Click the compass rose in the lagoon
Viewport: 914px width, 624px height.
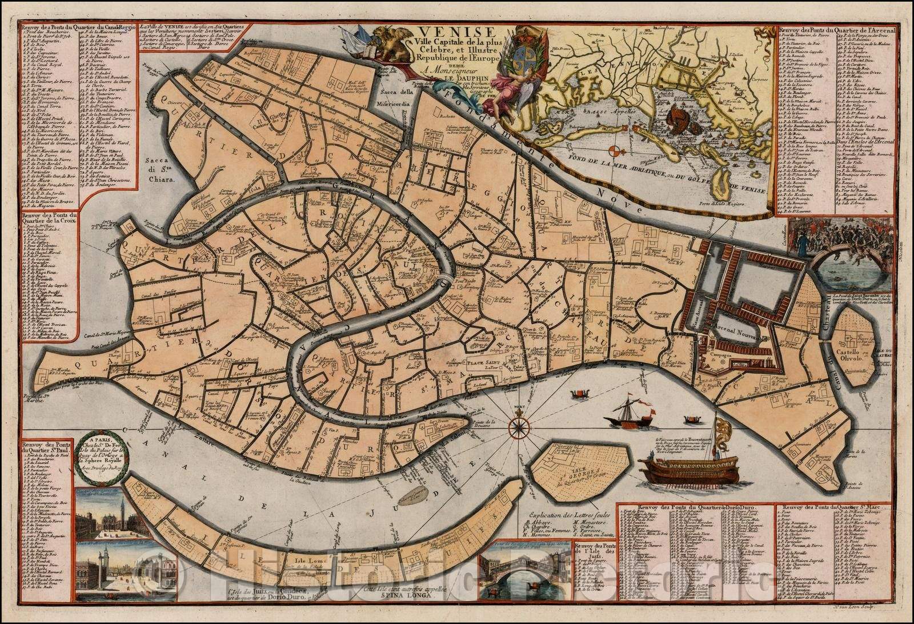[519, 425]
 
